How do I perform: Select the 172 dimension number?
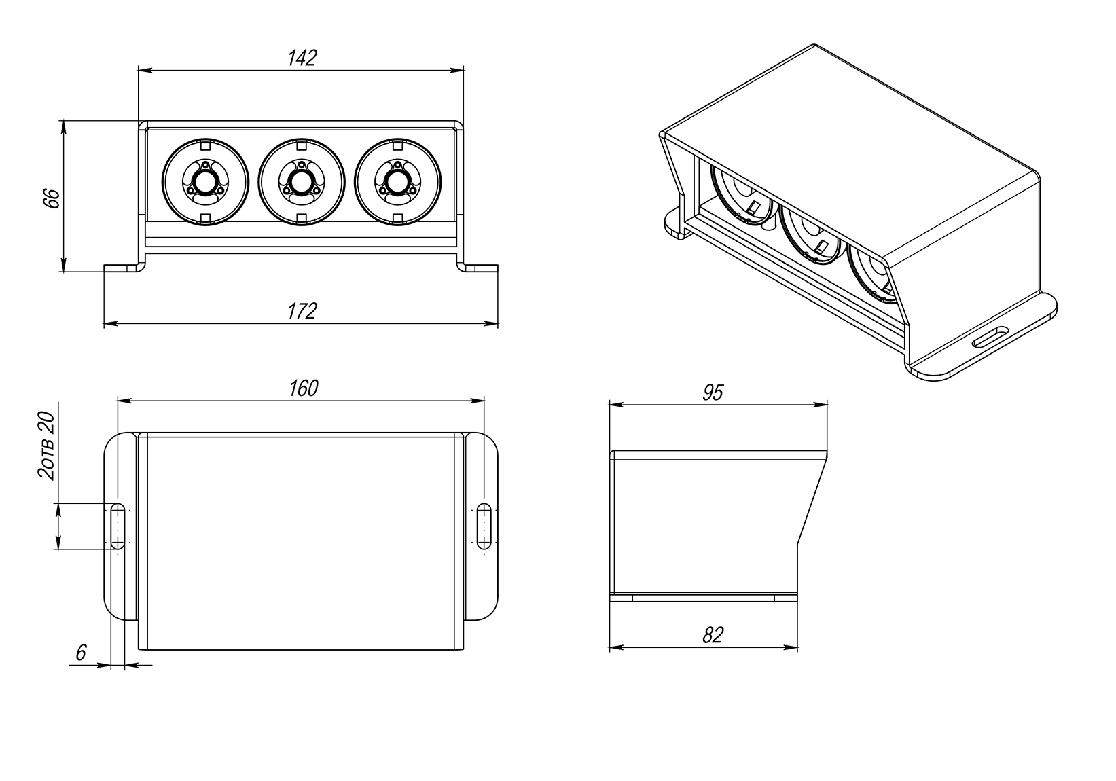[302, 311]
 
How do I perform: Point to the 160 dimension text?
[302, 388]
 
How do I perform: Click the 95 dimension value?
[713, 393]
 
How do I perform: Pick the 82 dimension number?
[713, 635]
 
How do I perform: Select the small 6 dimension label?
[80, 653]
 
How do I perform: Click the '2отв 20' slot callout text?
[46, 445]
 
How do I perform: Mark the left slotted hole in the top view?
[118, 526]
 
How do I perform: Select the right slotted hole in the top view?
[484, 526]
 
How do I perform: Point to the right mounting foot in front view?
[480, 267]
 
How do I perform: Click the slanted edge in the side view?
[812, 503]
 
